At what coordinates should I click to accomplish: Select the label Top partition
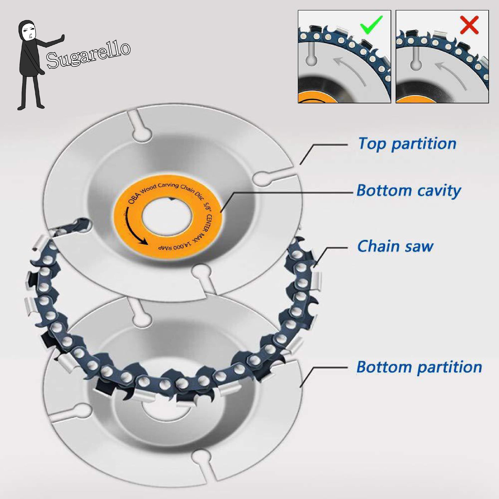[x=407, y=144]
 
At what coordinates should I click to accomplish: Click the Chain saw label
[x=395, y=246]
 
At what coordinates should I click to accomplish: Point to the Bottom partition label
[x=419, y=367]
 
